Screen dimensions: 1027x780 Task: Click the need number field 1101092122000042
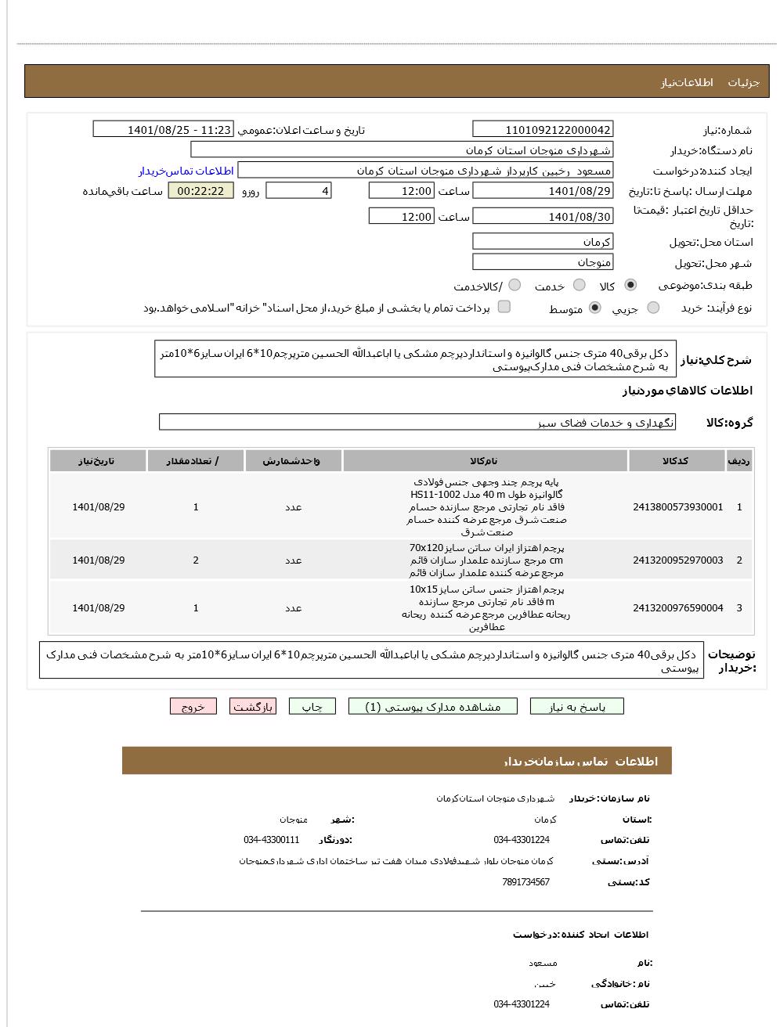(543, 130)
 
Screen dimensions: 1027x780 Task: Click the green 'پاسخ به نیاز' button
(577, 707)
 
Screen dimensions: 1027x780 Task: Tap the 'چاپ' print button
(312, 707)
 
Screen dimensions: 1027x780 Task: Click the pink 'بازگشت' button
(253, 707)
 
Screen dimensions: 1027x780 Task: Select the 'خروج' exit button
(193, 707)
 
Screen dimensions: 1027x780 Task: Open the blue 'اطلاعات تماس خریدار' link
(186, 171)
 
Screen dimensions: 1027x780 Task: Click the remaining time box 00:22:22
(200, 191)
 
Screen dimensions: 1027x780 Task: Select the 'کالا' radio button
(630, 285)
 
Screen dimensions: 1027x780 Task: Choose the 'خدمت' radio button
(580, 285)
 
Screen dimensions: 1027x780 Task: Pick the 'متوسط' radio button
(595, 308)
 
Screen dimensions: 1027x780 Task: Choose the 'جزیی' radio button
(653, 308)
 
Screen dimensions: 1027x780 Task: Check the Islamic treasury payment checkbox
(504, 307)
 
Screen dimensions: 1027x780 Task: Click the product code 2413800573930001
(677, 507)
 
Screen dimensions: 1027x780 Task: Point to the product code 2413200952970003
(677, 560)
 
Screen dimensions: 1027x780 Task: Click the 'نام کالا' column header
(484, 461)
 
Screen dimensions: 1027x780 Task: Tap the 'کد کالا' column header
(676, 461)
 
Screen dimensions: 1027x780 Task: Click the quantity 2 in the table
(196, 560)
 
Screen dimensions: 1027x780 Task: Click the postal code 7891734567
(525, 882)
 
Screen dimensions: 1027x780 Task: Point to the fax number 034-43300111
(271, 840)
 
